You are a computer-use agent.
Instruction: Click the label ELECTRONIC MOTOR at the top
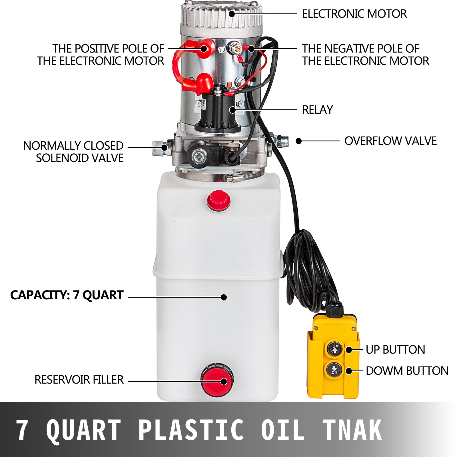point(354,14)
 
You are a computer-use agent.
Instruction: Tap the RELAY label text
point(317,110)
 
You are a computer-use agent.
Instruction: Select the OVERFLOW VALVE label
point(390,141)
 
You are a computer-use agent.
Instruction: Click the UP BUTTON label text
point(395,350)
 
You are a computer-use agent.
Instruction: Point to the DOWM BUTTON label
point(407,371)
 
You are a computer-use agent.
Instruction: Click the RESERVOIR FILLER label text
point(79,380)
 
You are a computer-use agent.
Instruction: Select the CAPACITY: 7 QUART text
point(67,295)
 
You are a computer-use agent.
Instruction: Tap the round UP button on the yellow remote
point(334,349)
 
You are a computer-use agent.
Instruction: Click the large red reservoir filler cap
point(217,380)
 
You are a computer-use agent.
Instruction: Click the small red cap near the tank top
point(219,201)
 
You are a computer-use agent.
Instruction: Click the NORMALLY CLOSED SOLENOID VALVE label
point(73,152)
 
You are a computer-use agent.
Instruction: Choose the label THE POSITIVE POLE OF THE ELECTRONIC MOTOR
point(101,55)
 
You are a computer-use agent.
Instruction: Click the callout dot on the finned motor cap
point(232,13)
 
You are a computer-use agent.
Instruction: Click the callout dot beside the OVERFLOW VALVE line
point(299,141)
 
